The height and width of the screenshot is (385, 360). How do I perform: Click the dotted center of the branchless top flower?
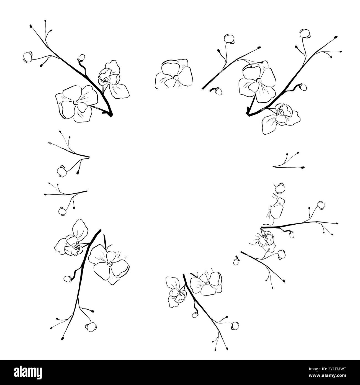[176, 78]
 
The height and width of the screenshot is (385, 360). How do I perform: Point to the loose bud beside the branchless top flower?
[217, 91]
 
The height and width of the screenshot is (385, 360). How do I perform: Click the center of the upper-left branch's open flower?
[76, 102]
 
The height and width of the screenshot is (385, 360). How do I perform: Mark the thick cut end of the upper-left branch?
[110, 115]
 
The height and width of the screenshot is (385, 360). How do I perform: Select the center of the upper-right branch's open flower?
[259, 80]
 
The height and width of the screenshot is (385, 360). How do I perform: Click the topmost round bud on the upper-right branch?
[305, 34]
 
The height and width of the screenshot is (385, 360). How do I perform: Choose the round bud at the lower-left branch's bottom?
[91, 327]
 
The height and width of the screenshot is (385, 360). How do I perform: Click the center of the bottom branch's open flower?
[208, 283]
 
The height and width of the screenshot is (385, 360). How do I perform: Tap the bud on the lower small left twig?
[62, 211]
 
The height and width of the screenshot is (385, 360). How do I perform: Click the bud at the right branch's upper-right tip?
[321, 205]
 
